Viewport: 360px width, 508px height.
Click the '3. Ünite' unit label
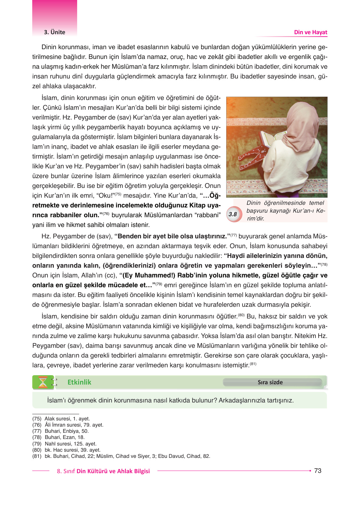tap(55, 32)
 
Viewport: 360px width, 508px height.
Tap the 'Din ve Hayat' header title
tap(311, 32)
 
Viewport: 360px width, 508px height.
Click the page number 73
tap(318, 471)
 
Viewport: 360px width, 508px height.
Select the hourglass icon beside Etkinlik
tap(43, 382)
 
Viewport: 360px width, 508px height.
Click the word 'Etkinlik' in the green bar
tap(79, 382)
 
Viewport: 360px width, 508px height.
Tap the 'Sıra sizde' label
tap(270, 382)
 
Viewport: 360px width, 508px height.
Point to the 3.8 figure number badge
tap(233, 214)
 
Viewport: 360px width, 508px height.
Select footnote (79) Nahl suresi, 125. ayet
tap(64, 444)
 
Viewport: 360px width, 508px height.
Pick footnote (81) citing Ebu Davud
tap(121, 456)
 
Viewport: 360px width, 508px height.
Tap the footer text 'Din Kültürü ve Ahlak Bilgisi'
tap(113, 471)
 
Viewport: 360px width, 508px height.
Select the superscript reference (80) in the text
tap(241, 315)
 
